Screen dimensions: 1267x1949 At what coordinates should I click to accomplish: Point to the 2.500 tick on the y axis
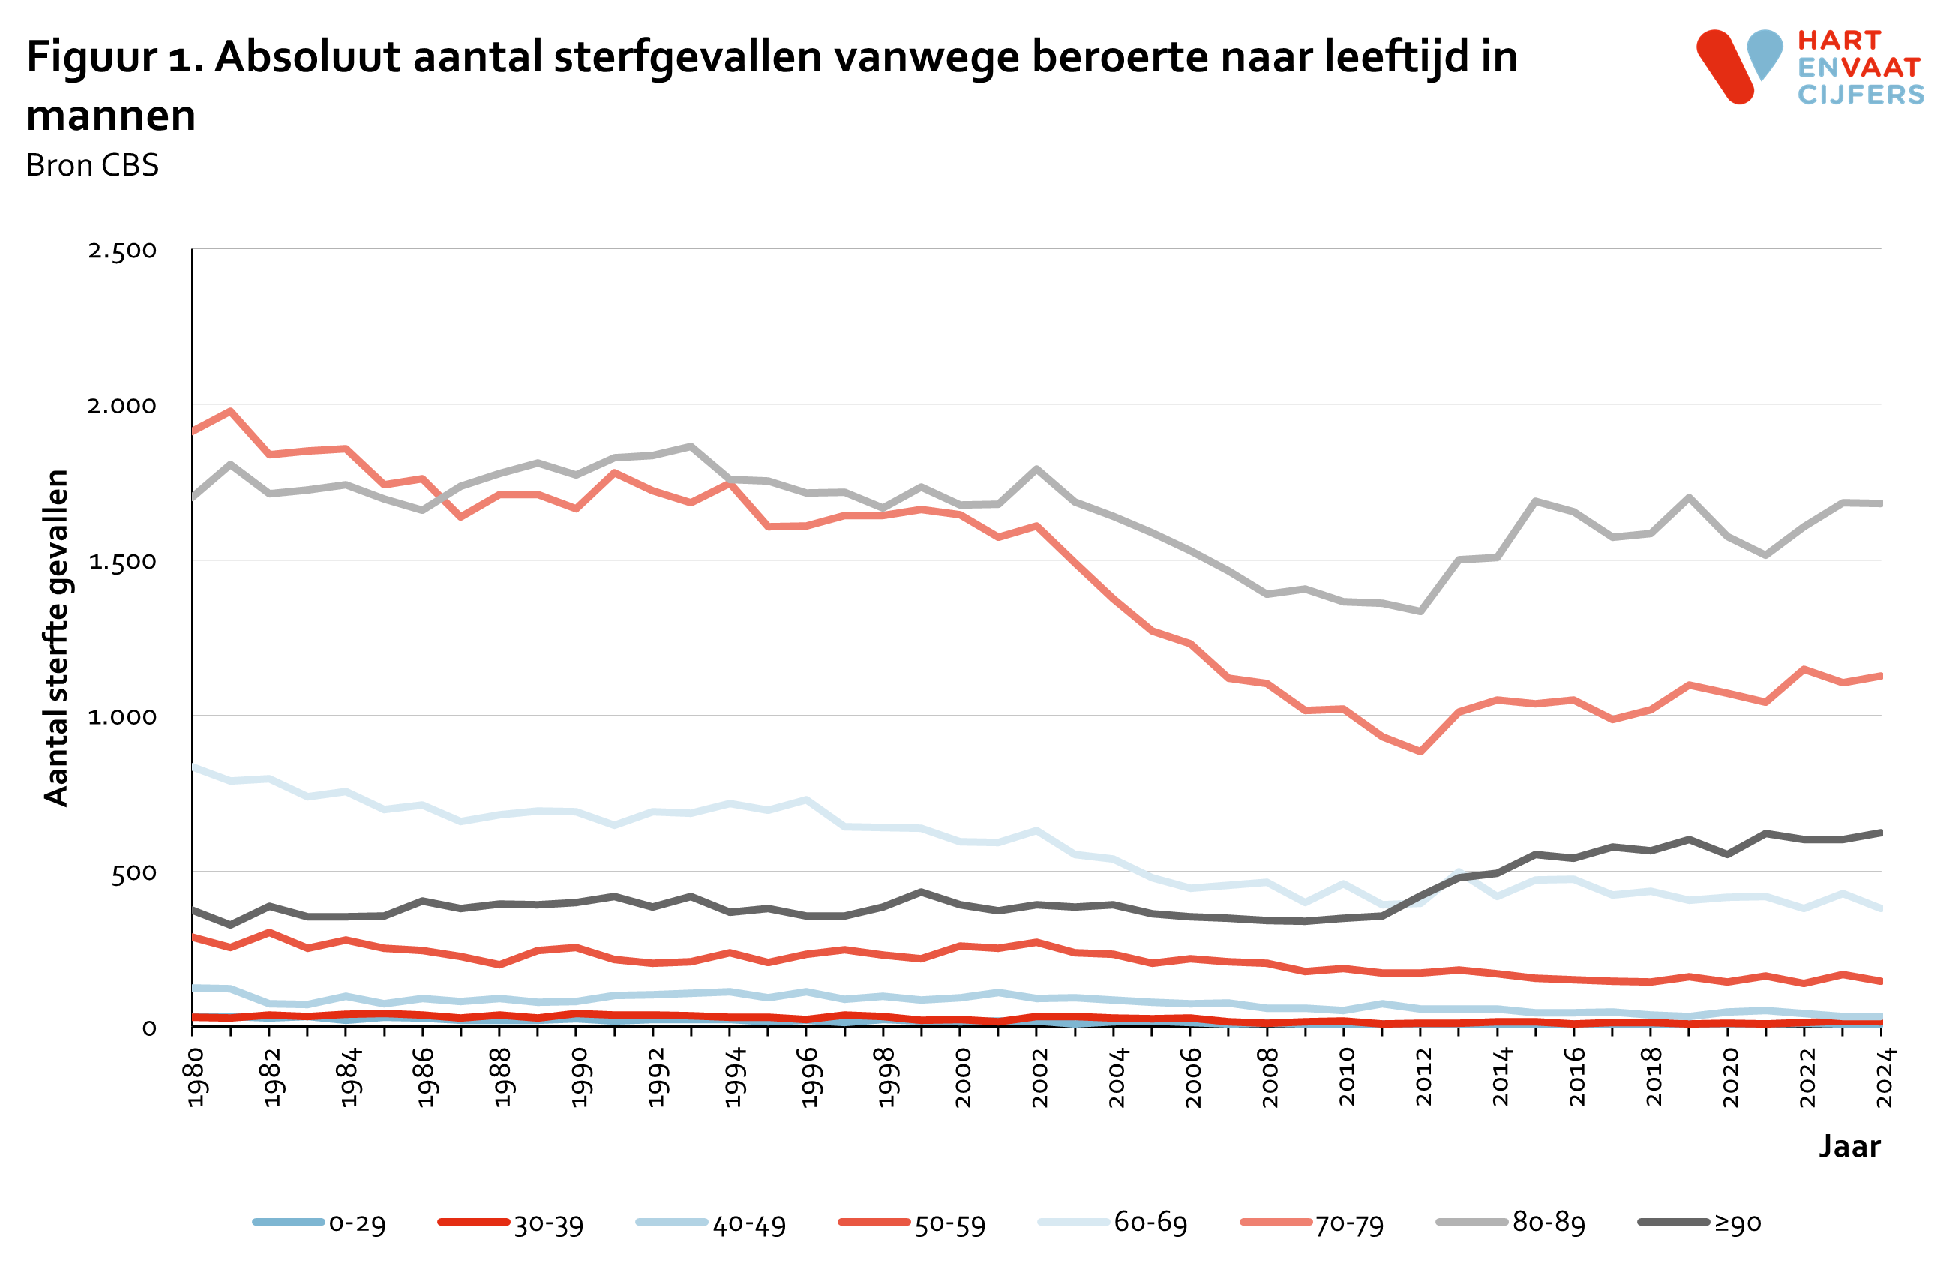122,251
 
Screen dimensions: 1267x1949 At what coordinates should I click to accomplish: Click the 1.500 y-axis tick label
122,562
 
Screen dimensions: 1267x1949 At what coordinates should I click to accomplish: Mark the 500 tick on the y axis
133,873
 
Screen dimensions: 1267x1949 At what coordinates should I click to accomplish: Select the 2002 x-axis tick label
1039,1077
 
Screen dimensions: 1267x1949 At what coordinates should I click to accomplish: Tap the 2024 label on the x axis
1884,1077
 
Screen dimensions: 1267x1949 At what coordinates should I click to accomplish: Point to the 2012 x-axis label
1423,1077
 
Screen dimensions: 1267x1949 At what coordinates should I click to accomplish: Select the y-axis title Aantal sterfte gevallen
56,638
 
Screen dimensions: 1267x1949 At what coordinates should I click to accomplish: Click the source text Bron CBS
92,166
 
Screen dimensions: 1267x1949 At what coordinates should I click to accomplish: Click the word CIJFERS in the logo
1861,95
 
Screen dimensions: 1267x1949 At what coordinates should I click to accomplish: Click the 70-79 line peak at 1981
231,410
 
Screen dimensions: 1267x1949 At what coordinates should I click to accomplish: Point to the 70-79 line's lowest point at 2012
1420,751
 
